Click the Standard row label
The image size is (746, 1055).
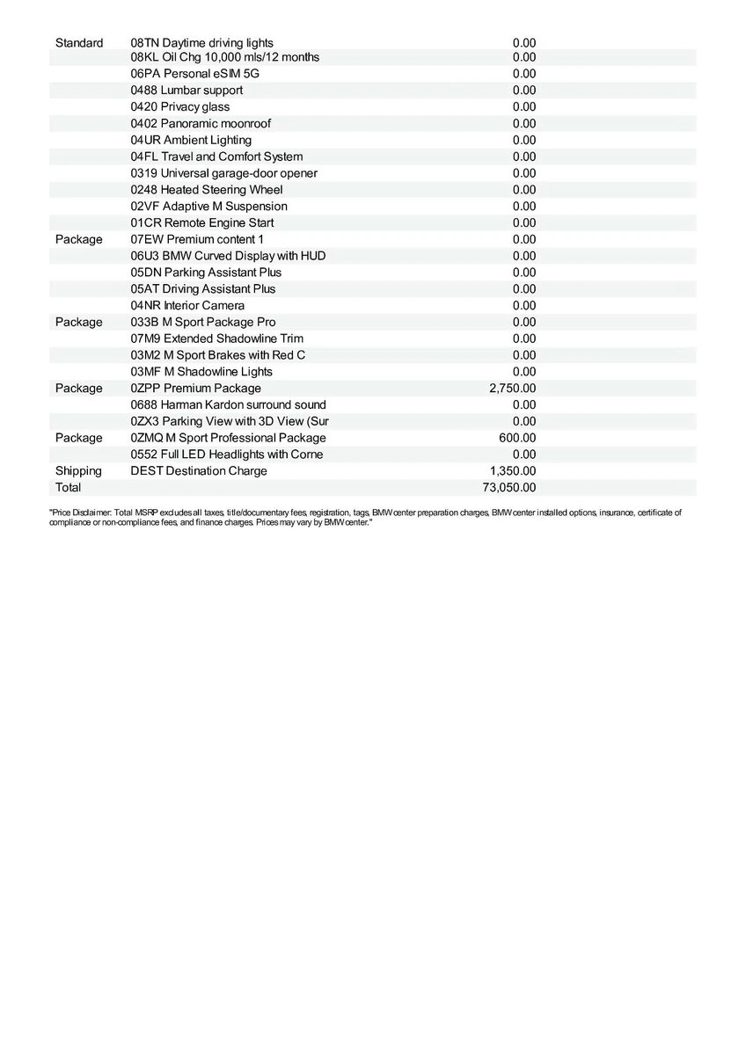[x=79, y=43]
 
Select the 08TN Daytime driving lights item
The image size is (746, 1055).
[x=201, y=43]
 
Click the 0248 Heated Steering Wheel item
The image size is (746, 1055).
[x=207, y=189]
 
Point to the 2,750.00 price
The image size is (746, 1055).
[x=512, y=388]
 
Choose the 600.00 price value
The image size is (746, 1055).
[x=517, y=438]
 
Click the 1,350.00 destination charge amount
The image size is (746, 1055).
[x=512, y=470]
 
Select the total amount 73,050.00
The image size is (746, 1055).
[x=509, y=487]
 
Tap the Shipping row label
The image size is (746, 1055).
[x=78, y=470]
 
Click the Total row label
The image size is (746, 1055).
[x=68, y=487]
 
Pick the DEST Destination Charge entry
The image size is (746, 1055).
[x=199, y=470]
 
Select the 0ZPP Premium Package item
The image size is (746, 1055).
[x=195, y=388]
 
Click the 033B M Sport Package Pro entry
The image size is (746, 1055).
[x=202, y=322]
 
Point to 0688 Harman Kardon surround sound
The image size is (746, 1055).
[x=228, y=404]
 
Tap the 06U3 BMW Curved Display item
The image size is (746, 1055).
[x=228, y=256]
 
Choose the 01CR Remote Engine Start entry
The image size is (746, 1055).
[x=201, y=222]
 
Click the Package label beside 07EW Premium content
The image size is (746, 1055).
[x=78, y=239]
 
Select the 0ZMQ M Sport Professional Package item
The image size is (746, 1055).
[x=228, y=438]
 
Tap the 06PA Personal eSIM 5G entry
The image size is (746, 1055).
[x=194, y=73]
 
